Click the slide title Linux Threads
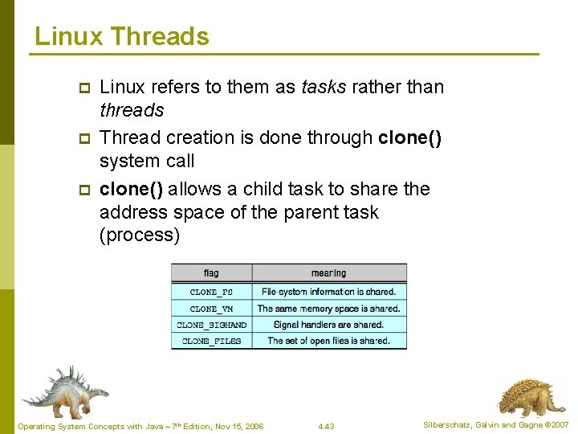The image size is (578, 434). (x=122, y=36)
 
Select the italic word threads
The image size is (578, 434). (x=132, y=110)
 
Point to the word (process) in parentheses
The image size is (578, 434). (x=140, y=235)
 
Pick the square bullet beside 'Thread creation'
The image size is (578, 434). (x=82, y=138)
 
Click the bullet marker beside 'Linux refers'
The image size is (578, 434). (x=82, y=87)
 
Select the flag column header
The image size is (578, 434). (x=211, y=273)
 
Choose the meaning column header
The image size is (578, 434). (x=329, y=273)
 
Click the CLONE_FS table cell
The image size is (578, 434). (x=212, y=292)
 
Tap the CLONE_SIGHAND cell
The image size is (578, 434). (x=212, y=325)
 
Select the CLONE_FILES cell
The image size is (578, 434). (x=212, y=341)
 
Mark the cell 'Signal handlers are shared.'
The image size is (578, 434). (x=329, y=325)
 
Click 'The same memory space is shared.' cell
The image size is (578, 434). (x=329, y=309)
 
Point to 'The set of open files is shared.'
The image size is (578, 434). (x=329, y=341)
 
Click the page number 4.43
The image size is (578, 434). (x=326, y=426)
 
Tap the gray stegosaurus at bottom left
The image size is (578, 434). (x=64, y=391)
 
